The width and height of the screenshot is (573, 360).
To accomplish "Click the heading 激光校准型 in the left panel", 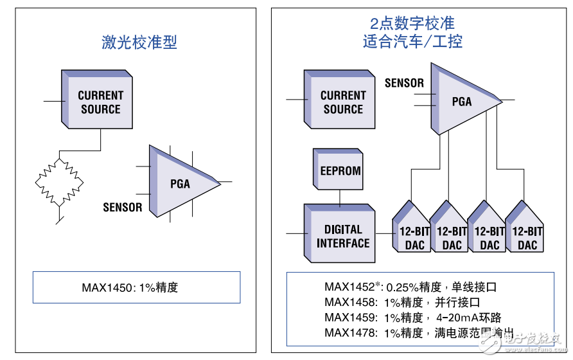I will pyautogui.click(x=139, y=42).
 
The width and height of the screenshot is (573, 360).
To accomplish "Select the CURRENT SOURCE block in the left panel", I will pyautogui.click(x=100, y=102).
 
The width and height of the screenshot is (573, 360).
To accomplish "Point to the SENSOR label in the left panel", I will pyautogui.click(x=123, y=208).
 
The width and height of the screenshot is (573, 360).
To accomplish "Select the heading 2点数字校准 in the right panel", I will pyautogui.click(x=412, y=24).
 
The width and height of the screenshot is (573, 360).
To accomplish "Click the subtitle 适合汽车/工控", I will pyautogui.click(x=412, y=42).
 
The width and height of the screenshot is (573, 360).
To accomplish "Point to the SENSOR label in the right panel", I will pyautogui.click(x=404, y=83).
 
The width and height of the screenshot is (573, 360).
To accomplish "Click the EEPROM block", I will pyautogui.click(x=340, y=172).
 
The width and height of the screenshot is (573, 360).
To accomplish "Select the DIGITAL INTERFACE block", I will pyautogui.click(x=343, y=236).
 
